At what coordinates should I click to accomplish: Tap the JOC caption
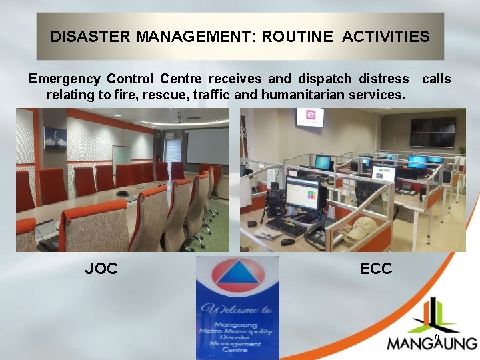101,269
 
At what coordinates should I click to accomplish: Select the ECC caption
376,269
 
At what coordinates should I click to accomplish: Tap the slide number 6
436,337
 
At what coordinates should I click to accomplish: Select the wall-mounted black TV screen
433,131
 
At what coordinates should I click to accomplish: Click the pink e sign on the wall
310,117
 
